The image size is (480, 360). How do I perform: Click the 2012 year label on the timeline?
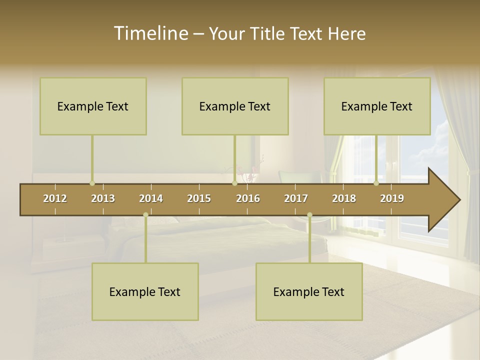point(55,198)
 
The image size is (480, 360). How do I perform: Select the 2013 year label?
point(103,198)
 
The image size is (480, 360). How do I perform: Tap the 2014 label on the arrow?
point(151,198)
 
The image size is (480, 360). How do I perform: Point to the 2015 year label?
point(199,198)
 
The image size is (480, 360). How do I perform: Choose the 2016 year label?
point(248,198)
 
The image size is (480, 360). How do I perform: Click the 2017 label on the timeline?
point(296,198)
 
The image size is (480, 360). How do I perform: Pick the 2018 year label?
point(344,198)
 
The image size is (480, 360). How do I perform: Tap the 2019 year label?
point(392,198)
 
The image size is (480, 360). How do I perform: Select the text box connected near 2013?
point(93,106)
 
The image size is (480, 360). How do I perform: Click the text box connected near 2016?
point(235,106)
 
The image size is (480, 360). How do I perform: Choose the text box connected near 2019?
point(377,106)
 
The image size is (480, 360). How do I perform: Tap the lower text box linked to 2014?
point(145,291)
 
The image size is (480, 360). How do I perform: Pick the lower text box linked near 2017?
point(309,291)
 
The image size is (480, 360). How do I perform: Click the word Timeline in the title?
point(150,33)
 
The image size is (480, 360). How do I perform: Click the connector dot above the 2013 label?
point(92,183)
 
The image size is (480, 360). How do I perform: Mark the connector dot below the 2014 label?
point(145,215)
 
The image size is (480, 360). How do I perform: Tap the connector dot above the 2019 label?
point(376,183)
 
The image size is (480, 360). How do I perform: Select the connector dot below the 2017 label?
point(309,215)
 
